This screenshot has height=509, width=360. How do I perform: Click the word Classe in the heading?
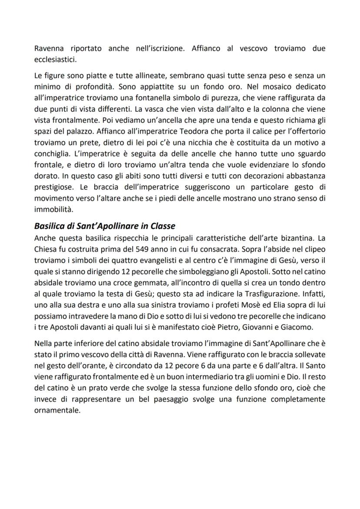coord(161,226)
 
